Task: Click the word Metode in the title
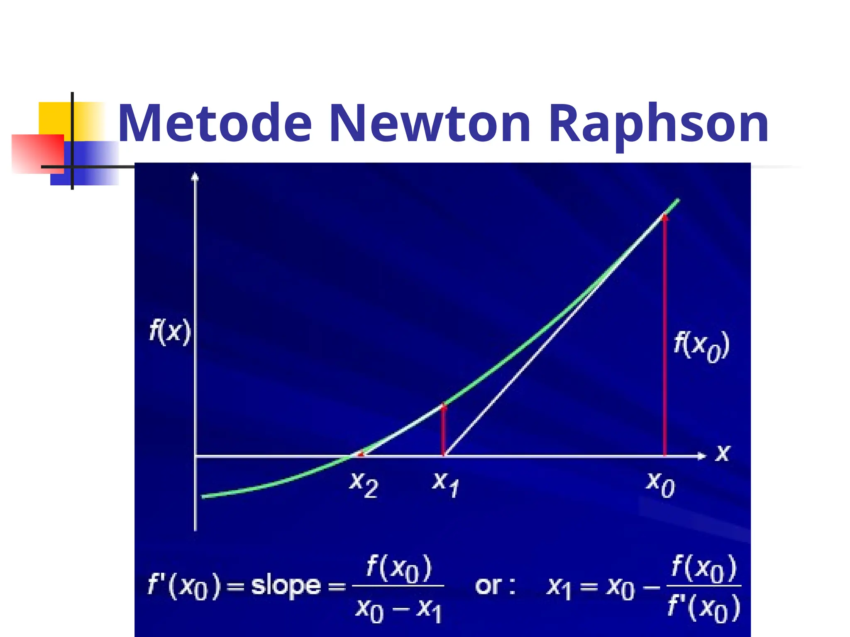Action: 215,124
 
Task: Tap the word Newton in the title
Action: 430,124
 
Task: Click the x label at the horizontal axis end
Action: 723,453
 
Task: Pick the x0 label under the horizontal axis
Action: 660,484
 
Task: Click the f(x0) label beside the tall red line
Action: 701,346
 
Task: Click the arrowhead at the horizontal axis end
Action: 702,456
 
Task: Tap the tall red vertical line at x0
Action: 665,332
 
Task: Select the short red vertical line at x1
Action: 444,431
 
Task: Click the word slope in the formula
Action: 286,586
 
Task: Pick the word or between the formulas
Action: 489,586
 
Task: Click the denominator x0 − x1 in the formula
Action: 398,610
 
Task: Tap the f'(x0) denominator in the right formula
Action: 704,608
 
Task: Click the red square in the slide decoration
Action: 37,153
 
